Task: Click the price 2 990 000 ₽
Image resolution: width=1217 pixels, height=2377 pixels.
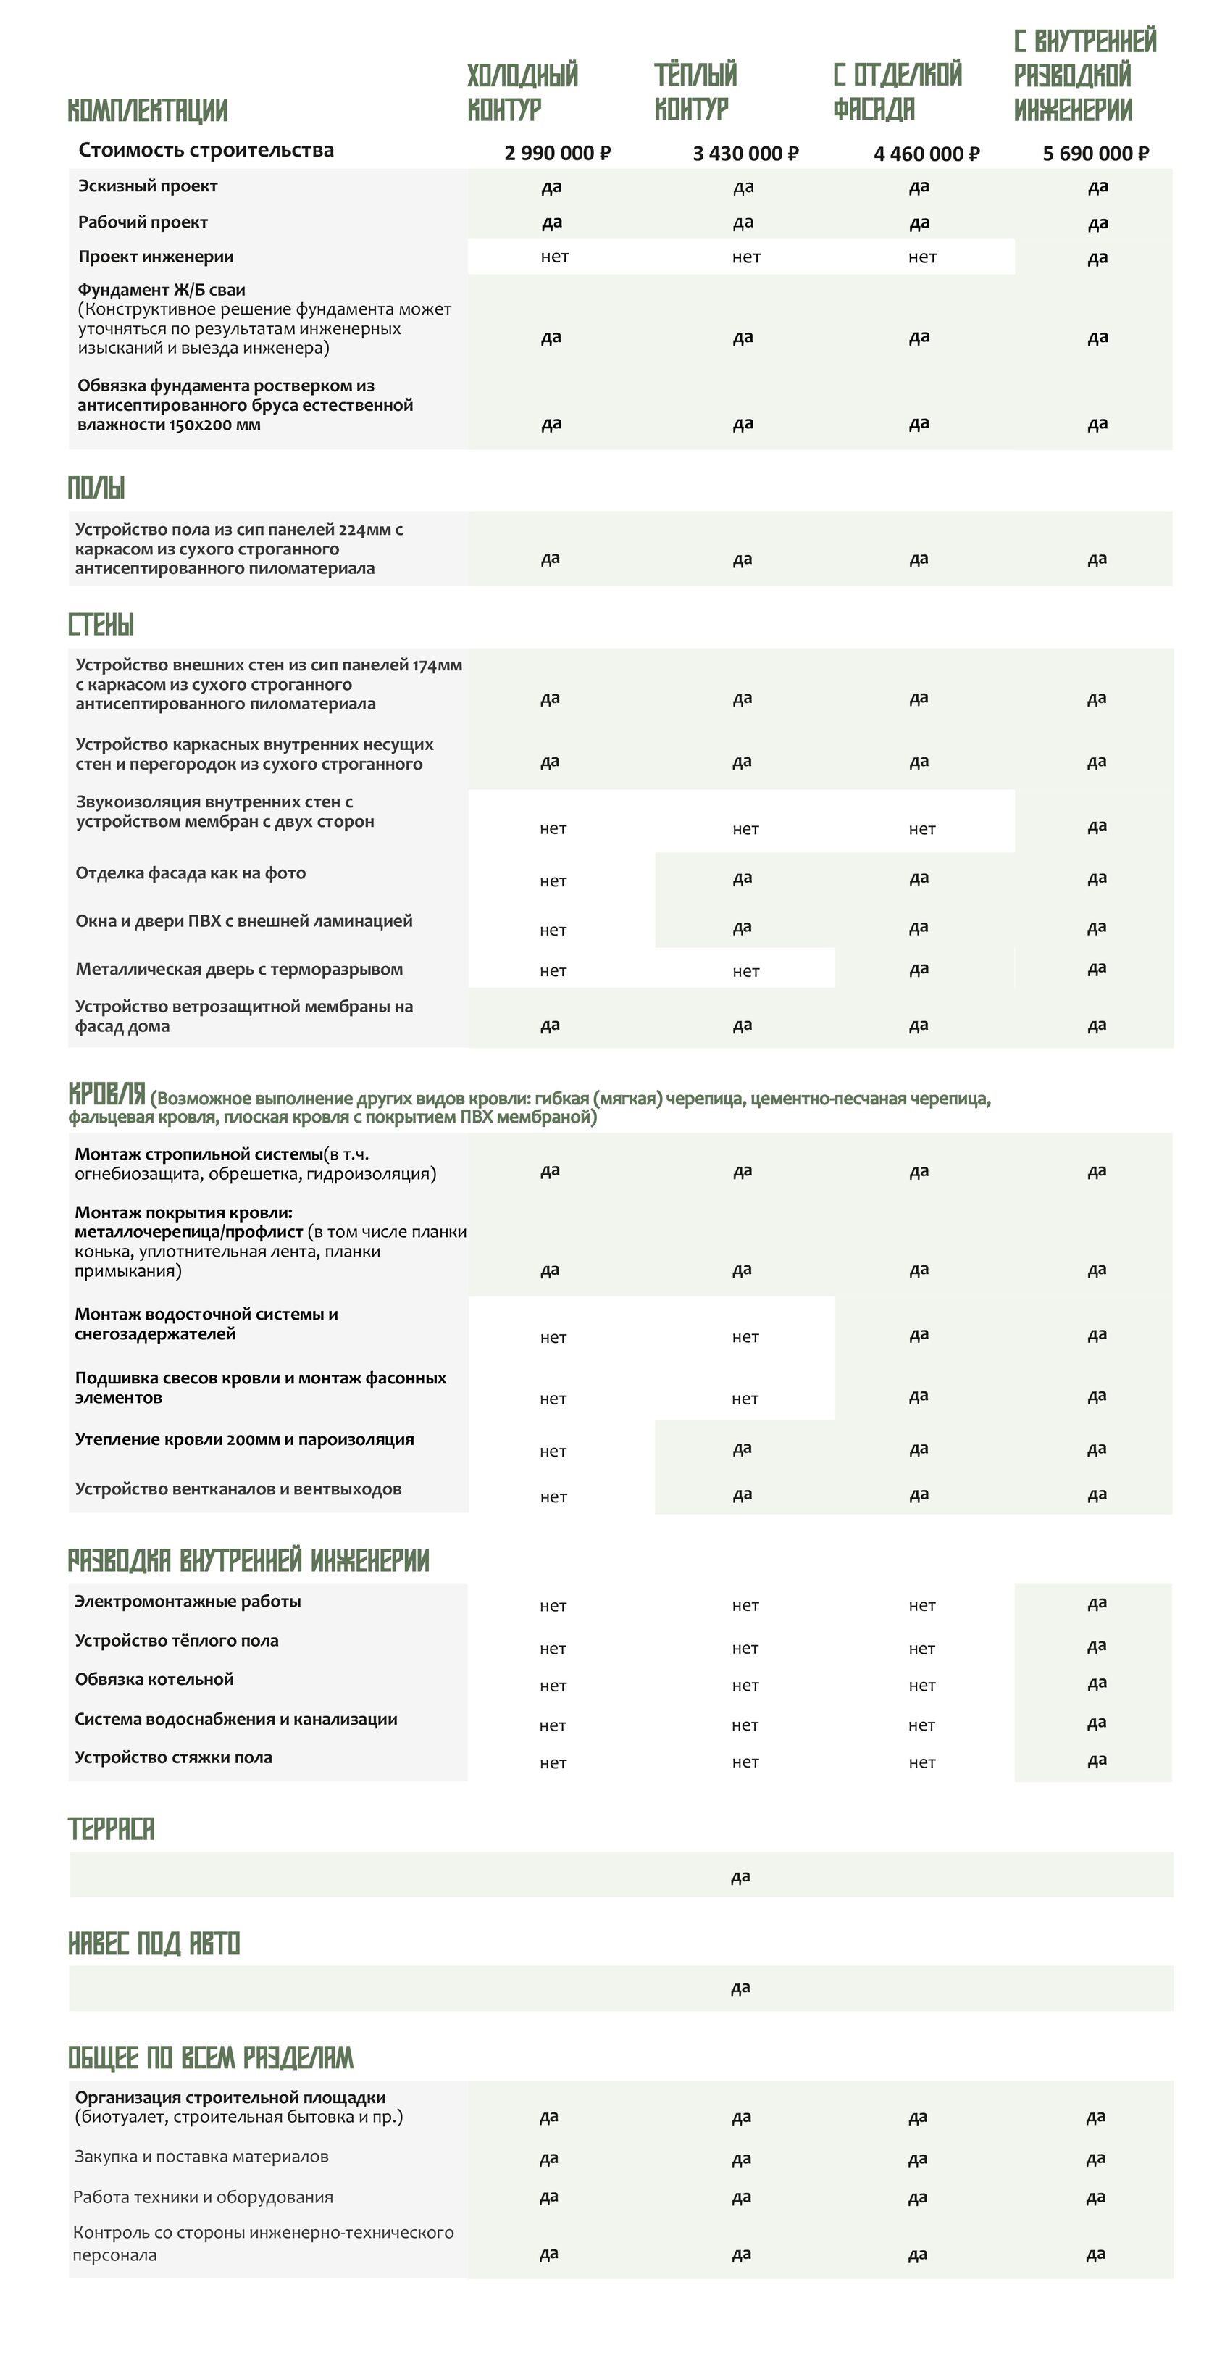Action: pyautogui.click(x=557, y=153)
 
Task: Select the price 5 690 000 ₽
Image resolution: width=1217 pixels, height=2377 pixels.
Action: pyautogui.click(x=1095, y=153)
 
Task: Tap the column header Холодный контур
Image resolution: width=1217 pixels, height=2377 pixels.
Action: pyautogui.click(x=522, y=91)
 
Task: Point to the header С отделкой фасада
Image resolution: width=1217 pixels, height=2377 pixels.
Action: pyautogui.click(x=897, y=91)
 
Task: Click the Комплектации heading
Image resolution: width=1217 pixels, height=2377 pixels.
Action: pyautogui.click(x=148, y=111)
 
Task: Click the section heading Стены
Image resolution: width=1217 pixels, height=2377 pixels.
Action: pyautogui.click(x=101, y=625)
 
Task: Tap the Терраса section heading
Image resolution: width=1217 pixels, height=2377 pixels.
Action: pyautogui.click(x=111, y=1828)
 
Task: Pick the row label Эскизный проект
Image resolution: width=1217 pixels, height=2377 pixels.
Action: pyautogui.click(x=148, y=186)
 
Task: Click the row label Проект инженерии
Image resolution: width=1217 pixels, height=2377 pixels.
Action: pyautogui.click(x=155, y=257)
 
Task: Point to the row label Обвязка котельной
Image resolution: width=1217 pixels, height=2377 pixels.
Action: pyautogui.click(x=154, y=1678)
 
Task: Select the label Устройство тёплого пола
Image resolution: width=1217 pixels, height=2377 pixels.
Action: pyautogui.click(x=176, y=1640)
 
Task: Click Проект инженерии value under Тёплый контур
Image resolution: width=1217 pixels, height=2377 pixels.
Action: pyautogui.click(x=745, y=257)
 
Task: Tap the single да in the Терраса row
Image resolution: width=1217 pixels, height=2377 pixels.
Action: pyautogui.click(x=740, y=1876)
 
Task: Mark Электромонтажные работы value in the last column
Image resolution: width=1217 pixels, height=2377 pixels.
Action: pyautogui.click(x=1096, y=1603)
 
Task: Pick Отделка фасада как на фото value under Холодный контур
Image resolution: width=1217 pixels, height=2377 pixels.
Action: pyautogui.click(x=553, y=881)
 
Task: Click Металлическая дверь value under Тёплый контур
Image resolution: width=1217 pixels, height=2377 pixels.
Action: pyautogui.click(x=745, y=971)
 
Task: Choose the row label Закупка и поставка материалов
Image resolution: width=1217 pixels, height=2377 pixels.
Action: pyautogui.click(x=201, y=2157)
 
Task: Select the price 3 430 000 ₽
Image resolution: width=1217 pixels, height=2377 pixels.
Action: pyautogui.click(x=745, y=153)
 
